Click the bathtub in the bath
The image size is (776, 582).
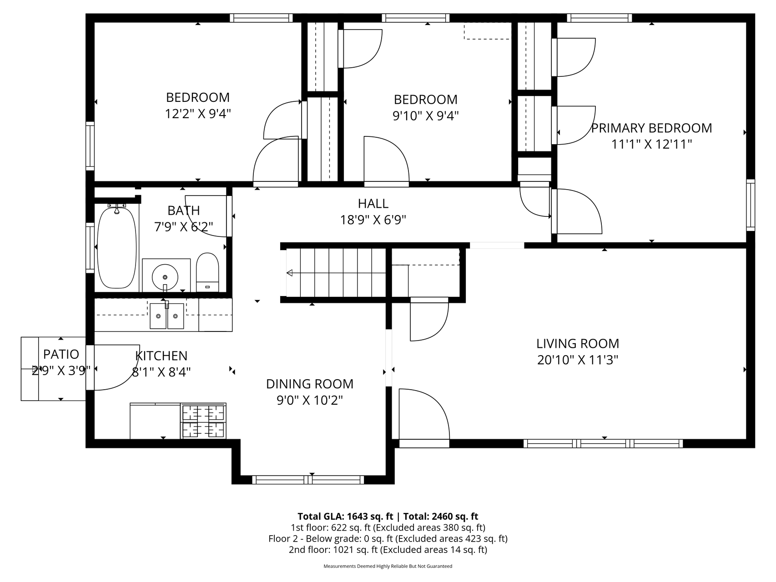(117, 248)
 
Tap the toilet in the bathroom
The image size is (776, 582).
(207, 272)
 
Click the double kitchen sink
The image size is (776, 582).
(167, 316)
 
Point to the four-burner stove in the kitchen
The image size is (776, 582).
(204, 421)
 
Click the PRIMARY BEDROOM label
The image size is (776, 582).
(651, 128)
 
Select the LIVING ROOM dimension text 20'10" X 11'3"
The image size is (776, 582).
(578, 360)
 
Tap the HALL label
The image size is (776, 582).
(373, 203)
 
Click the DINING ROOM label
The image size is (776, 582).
(310, 384)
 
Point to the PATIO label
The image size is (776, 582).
(61, 354)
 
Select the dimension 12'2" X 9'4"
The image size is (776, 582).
(198, 114)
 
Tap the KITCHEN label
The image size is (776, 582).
(161, 356)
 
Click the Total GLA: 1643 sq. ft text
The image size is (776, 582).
(345, 517)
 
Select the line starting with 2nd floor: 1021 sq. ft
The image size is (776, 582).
(388, 550)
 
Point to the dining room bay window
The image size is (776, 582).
(308, 480)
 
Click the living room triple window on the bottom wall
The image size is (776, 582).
(603, 443)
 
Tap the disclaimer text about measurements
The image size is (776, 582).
(388, 567)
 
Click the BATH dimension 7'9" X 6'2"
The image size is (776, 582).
(184, 226)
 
